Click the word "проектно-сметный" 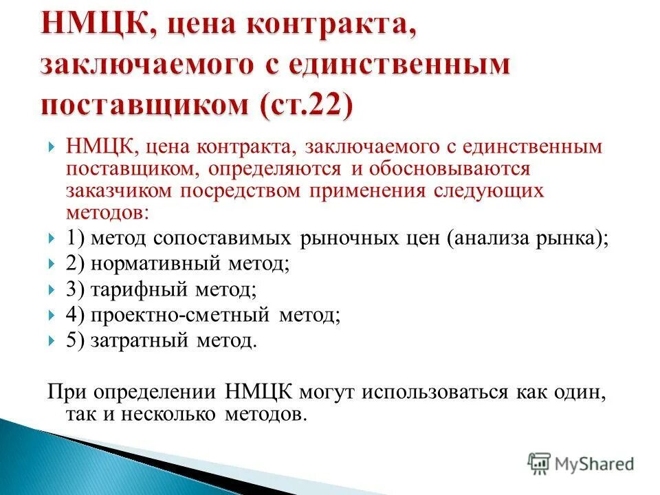[181, 315]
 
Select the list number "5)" [76, 340]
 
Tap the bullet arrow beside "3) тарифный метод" [53, 289]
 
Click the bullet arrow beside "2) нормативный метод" [53, 264]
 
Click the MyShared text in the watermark [595, 463]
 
